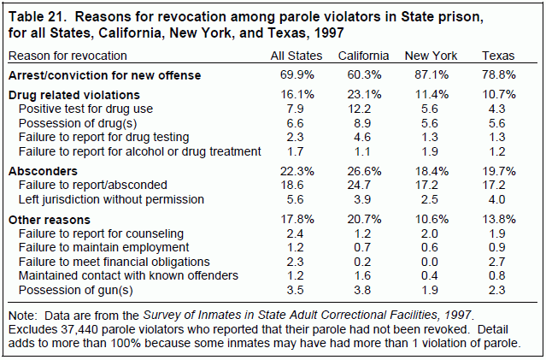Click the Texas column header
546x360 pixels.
[497, 56]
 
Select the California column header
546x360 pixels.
[363, 56]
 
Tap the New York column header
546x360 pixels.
[432, 56]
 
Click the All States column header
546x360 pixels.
[296, 56]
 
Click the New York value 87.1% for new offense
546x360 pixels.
[432, 75]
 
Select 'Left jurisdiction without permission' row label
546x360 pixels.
[111, 199]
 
